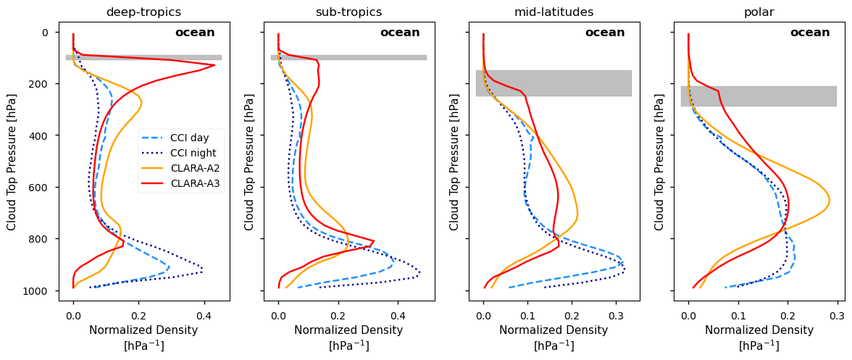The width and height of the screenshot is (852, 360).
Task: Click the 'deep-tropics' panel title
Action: click(x=143, y=12)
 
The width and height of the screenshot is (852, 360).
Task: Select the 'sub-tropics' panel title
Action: click(x=348, y=12)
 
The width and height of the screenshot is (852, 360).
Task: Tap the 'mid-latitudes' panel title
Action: click(x=554, y=12)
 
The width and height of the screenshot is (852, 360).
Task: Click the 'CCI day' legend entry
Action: click(x=187, y=138)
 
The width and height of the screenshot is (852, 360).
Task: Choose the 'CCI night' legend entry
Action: click(x=191, y=153)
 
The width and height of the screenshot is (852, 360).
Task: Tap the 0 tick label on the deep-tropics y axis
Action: click(x=45, y=33)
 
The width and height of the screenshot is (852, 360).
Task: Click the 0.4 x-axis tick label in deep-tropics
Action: click(x=204, y=316)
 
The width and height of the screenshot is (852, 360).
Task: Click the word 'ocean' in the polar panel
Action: click(x=810, y=33)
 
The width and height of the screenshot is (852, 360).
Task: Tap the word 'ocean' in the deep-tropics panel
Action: click(x=195, y=33)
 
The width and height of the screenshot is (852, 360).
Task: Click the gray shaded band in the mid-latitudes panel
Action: click(x=554, y=83)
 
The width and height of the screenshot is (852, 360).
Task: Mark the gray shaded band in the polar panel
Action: click(x=759, y=96)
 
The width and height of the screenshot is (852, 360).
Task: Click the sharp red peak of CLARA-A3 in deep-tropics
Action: click(x=214, y=65)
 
